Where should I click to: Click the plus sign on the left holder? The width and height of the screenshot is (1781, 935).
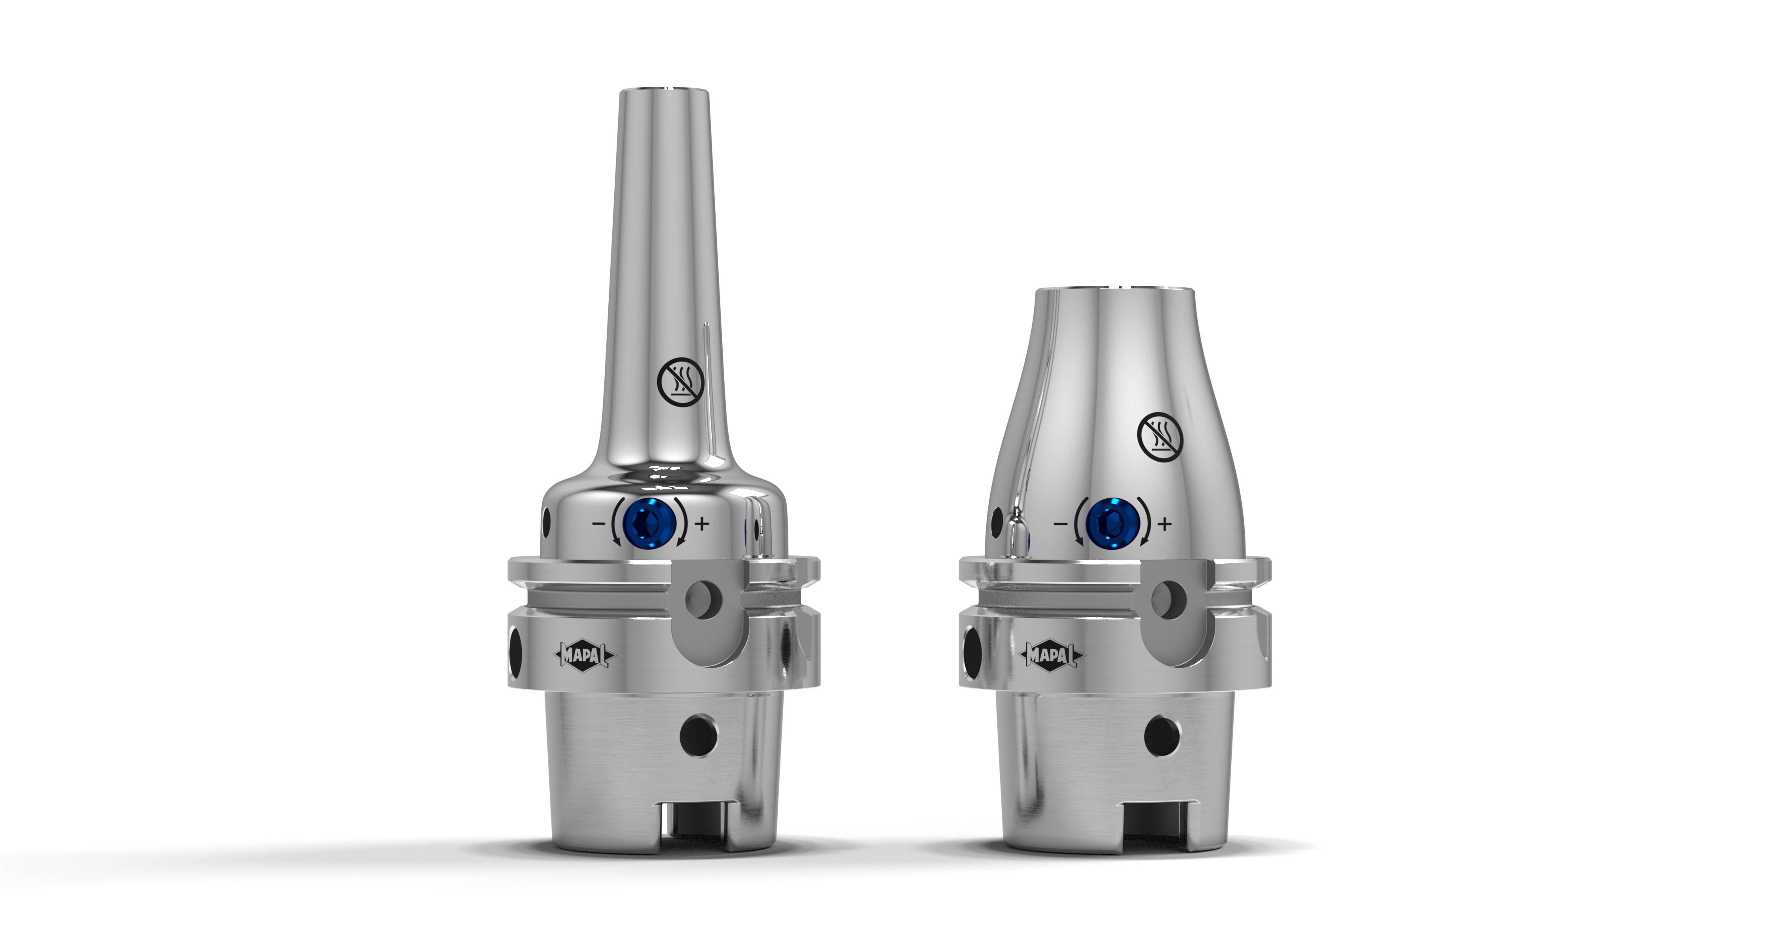702,524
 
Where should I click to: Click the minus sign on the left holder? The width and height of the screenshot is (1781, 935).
599,524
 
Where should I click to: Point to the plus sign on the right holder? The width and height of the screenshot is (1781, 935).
1165,524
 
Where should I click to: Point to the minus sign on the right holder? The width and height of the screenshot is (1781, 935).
1060,524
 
